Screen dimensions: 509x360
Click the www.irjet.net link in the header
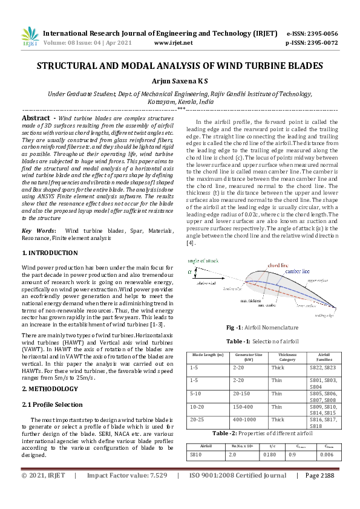coord(174,43)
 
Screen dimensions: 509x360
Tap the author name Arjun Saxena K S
coord(180,80)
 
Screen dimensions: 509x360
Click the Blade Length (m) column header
coord(208,355)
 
